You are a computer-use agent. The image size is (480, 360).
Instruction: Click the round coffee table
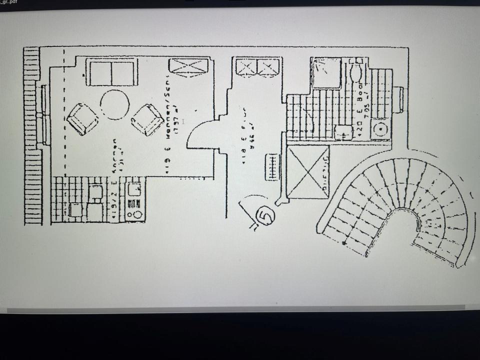click(114, 104)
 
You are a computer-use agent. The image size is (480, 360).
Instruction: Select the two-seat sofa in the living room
click(111, 72)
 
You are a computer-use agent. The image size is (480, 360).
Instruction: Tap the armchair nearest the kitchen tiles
click(82, 119)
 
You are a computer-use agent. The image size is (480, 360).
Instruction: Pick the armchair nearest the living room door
click(147, 119)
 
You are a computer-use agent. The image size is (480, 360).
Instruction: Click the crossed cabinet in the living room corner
click(188, 66)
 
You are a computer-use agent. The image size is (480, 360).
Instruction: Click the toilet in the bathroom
click(355, 70)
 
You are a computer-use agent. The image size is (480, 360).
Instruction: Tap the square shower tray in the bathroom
click(325, 73)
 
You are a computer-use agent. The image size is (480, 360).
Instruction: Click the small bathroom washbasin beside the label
click(343, 131)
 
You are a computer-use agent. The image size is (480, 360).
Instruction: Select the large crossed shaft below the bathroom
click(308, 171)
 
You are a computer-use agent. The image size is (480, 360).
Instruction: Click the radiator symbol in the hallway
click(272, 166)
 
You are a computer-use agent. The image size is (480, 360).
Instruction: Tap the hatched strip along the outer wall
click(32, 135)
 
